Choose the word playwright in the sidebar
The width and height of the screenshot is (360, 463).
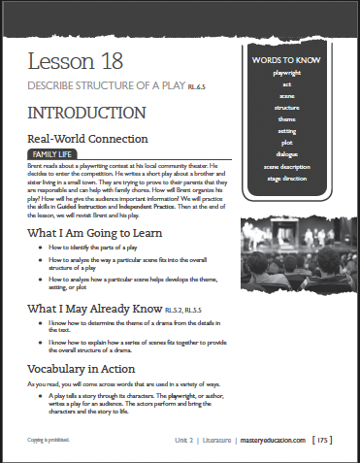[285, 73]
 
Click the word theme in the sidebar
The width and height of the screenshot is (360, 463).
[285, 119]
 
